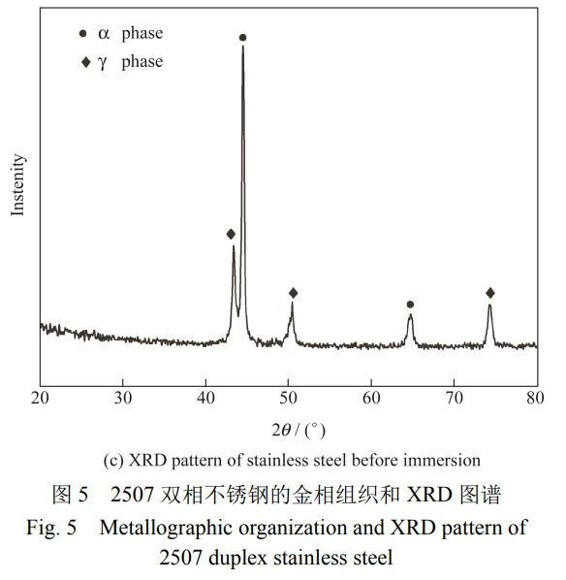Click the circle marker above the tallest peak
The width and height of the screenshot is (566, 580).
click(243, 38)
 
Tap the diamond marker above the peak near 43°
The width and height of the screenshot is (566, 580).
click(231, 234)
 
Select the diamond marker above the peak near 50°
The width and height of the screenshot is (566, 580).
click(293, 293)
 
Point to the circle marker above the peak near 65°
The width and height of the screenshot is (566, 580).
click(410, 305)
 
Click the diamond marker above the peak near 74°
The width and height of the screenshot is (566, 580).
click(490, 293)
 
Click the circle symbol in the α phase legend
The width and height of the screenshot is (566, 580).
click(82, 34)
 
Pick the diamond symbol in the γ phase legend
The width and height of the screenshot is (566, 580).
click(85, 62)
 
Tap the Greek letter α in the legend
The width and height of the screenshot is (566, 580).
click(104, 34)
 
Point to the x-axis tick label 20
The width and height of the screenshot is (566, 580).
click(40, 398)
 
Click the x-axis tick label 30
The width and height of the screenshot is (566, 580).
click(123, 398)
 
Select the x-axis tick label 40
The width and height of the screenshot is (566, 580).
click(205, 398)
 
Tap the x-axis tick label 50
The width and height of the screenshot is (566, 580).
click(289, 398)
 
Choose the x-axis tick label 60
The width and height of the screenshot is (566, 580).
click(371, 398)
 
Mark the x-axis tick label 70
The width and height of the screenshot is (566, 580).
click(454, 398)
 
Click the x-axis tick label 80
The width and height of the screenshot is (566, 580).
click(535, 398)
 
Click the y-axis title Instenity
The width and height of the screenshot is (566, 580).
click(17, 185)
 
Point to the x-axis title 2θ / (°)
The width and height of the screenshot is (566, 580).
click(299, 431)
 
